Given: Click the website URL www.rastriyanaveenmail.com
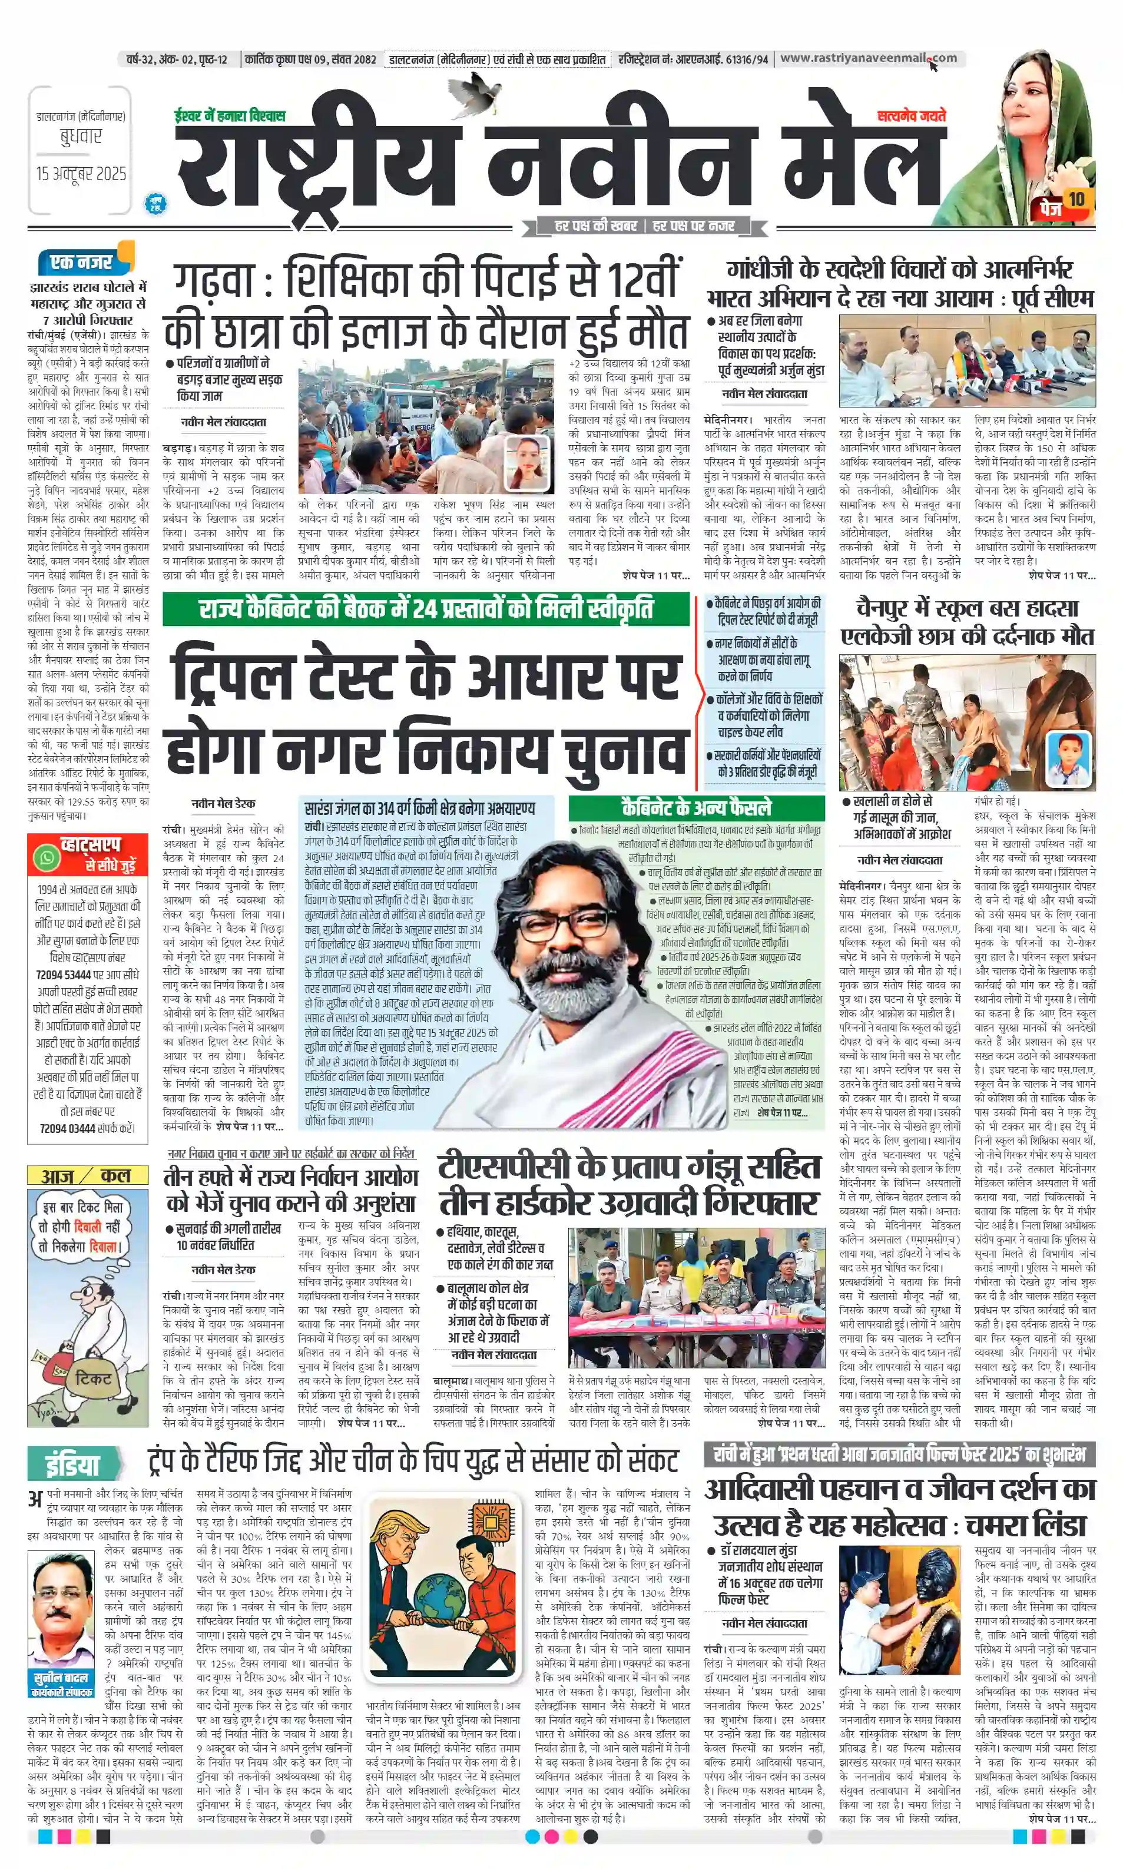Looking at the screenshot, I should (x=868, y=58).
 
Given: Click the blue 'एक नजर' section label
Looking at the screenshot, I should (x=81, y=262).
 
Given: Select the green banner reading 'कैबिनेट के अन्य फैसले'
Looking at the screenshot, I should (x=696, y=807).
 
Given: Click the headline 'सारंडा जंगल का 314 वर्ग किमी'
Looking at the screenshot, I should (x=419, y=808).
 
